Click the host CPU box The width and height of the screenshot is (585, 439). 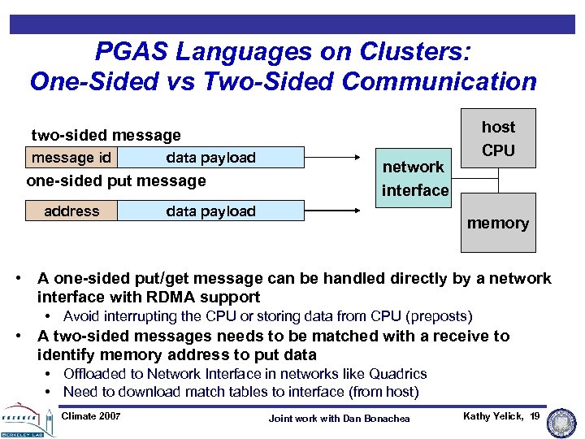[x=498, y=138]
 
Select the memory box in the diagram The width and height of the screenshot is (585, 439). [x=498, y=223]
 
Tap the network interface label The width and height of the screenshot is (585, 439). [x=414, y=178]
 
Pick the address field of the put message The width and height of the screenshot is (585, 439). [x=71, y=211]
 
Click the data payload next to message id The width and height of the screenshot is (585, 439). [x=210, y=158]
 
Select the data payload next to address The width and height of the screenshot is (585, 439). [x=210, y=211]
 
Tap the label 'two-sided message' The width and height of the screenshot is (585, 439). [x=106, y=135]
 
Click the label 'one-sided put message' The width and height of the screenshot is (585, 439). [x=116, y=180]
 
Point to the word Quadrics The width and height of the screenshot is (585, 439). [x=397, y=374]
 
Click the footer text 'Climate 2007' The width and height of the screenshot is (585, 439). [x=91, y=416]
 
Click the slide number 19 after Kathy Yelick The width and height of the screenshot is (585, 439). [x=534, y=416]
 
